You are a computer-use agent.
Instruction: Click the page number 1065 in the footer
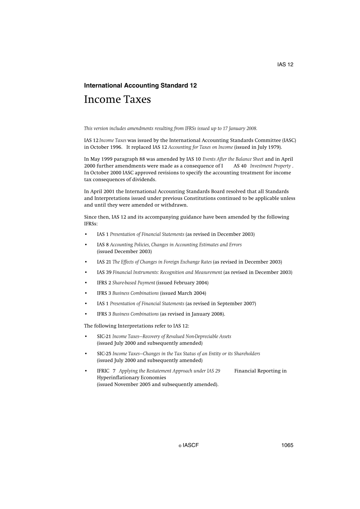point(287,445)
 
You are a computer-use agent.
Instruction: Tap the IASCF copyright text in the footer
point(189,445)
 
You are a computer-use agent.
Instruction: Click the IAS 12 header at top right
point(285,64)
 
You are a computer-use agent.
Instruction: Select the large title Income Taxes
point(117,99)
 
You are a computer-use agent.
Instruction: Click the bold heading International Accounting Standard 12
point(140,86)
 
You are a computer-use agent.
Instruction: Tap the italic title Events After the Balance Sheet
point(233,159)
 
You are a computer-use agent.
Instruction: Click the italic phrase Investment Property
point(270,166)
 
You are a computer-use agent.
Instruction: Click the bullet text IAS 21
point(104,262)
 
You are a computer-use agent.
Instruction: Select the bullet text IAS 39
point(104,272)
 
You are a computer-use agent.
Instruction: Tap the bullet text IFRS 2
point(104,283)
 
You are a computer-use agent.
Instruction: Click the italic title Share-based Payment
point(134,283)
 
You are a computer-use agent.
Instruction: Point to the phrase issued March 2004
point(183,293)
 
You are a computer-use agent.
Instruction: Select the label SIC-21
point(104,336)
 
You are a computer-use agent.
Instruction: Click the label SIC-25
point(104,354)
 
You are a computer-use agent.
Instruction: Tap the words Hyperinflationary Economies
point(131,378)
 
